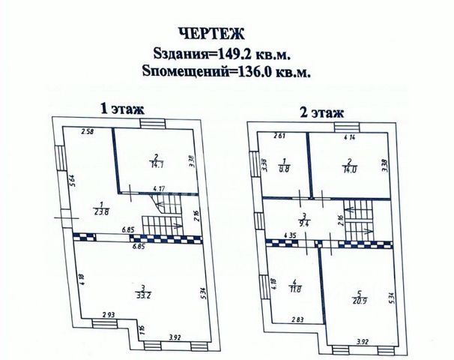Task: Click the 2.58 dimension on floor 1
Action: [88, 133]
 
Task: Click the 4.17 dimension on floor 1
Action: [160, 188]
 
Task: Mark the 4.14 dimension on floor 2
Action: [349, 138]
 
